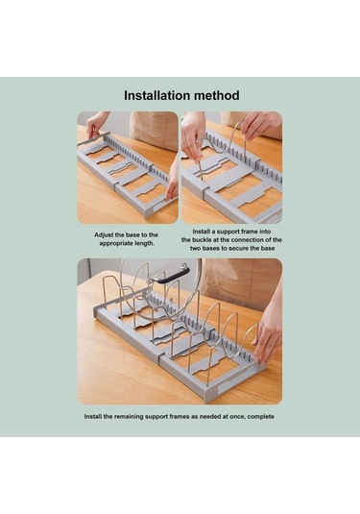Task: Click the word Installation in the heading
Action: click(156, 95)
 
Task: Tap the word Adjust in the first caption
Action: click(103, 235)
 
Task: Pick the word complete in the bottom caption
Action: click(261, 417)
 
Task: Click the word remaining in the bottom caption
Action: click(129, 417)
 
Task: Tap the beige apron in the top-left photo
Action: click(154, 128)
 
